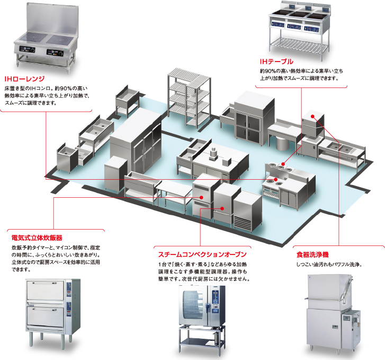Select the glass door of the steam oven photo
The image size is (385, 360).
coord(196,306)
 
